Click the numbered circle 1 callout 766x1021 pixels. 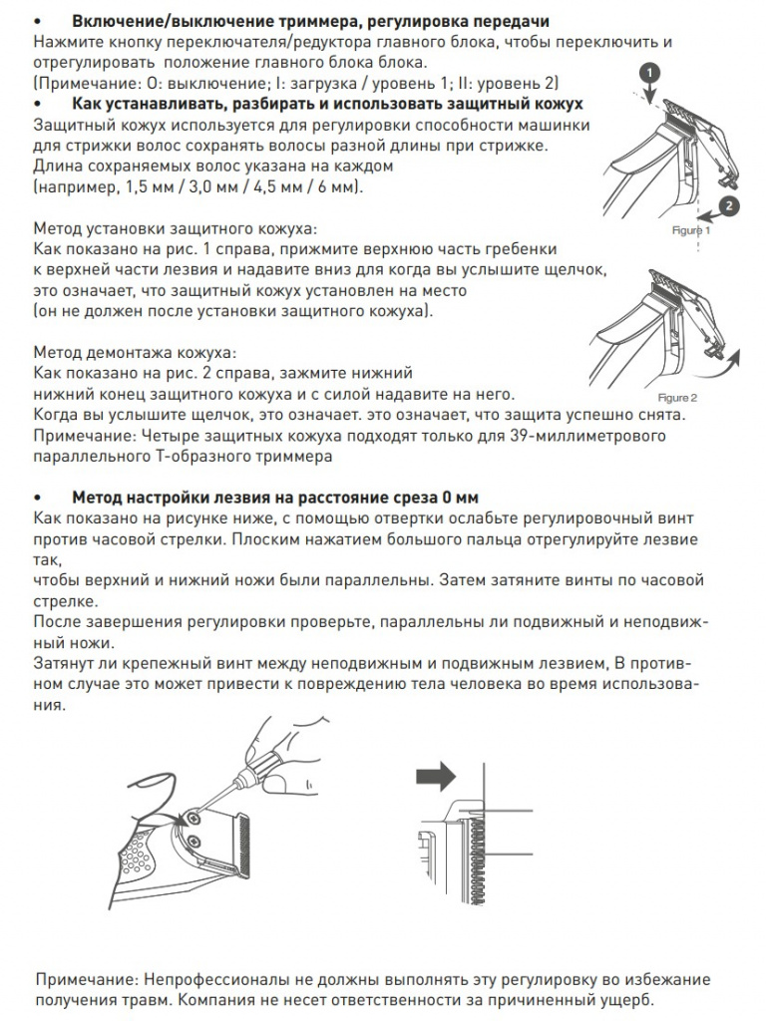click(x=650, y=72)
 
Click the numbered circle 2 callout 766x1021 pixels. click(x=729, y=206)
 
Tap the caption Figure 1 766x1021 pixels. click(x=691, y=230)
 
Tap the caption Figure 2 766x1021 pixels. click(x=677, y=398)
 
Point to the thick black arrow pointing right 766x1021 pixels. click(x=436, y=775)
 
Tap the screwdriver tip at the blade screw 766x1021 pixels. click(x=196, y=813)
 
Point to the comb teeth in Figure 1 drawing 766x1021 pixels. click(x=684, y=122)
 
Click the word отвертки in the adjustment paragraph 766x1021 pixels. click(x=411, y=518)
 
